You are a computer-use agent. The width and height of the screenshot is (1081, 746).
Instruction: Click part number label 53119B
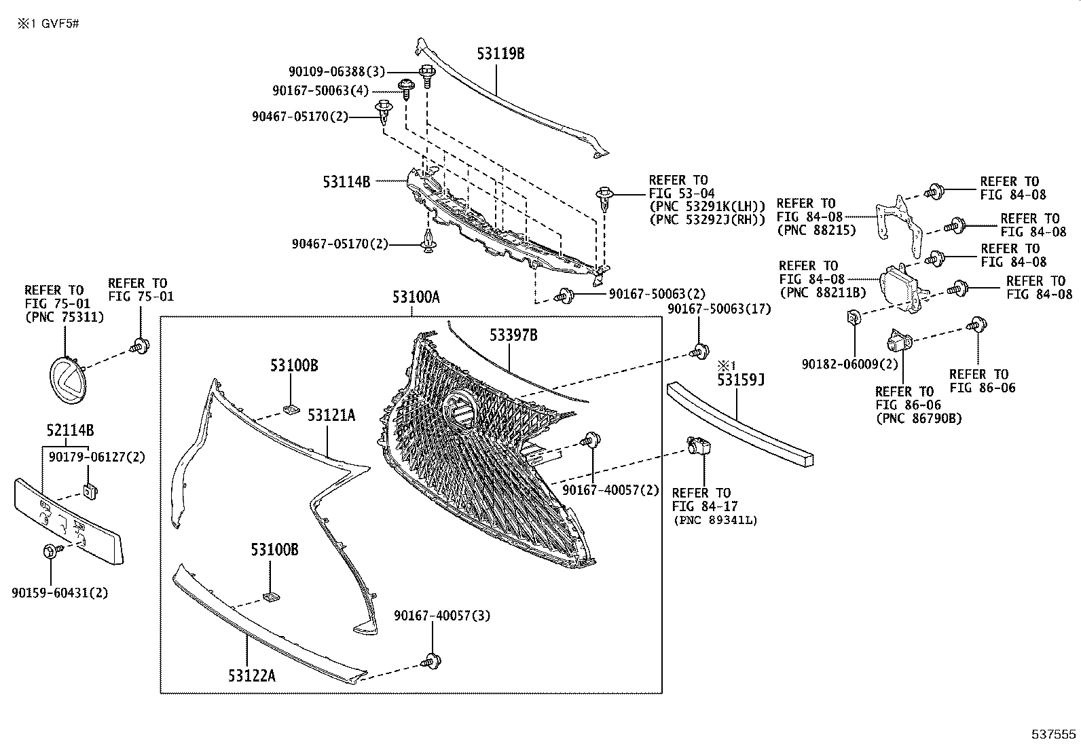[500, 54]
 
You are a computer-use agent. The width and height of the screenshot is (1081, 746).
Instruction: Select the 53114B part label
[346, 181]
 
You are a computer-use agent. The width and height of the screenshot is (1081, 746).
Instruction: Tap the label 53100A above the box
[416, 297]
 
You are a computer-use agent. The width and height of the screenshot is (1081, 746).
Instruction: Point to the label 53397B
[514, 335]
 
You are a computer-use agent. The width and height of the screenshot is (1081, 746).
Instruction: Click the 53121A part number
[331, 415]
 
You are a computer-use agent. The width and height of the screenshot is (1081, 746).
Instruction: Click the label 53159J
[741, 380]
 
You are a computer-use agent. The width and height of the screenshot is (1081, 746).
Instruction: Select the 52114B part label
[70, 430]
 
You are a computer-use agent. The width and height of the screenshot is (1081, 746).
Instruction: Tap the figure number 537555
[1054, 734]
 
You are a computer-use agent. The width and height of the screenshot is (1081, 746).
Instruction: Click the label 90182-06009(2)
[849, 365]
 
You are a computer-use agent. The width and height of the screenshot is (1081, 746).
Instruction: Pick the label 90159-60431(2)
[60, 593]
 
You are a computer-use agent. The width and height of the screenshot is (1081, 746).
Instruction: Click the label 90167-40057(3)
[442, 616]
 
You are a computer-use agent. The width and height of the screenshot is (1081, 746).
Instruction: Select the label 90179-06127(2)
[97, 457]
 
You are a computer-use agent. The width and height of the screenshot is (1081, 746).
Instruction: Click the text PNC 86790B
[919, 418]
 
